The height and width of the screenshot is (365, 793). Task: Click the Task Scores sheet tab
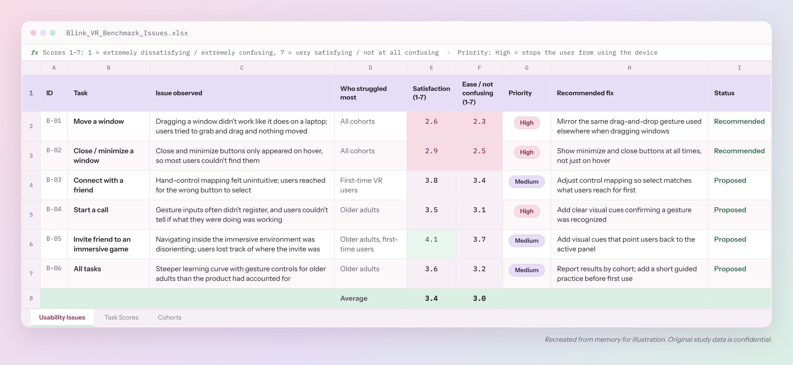(121, 317)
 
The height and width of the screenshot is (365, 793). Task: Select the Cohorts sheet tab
(169, 317)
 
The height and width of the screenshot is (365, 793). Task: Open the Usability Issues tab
(62, 317)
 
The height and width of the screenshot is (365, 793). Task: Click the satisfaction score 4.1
(431, 239)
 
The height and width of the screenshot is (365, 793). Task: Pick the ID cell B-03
(54, 180)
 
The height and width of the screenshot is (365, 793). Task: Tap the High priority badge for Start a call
(527, 211)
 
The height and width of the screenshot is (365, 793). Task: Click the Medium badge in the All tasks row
(527, 270)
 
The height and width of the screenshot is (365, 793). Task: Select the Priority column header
(520, 93)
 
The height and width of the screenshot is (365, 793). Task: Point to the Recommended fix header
(585, 93)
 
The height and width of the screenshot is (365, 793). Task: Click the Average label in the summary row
(354, 298)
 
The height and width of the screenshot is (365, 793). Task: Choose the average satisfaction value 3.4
(431, 298)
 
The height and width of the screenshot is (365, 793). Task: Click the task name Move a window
(99, 121)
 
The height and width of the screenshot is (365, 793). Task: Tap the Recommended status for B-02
(739, 151)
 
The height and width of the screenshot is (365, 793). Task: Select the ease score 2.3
(479, 121)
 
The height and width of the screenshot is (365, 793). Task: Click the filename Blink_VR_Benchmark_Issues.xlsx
(127, 33)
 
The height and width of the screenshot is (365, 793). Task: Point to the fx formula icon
(34, 53)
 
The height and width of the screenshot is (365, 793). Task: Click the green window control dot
(53, 33)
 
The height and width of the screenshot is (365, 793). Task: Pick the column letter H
(629, 68)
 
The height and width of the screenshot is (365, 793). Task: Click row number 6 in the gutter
(31, 244)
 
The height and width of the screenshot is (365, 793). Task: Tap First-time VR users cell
(361, 185)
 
